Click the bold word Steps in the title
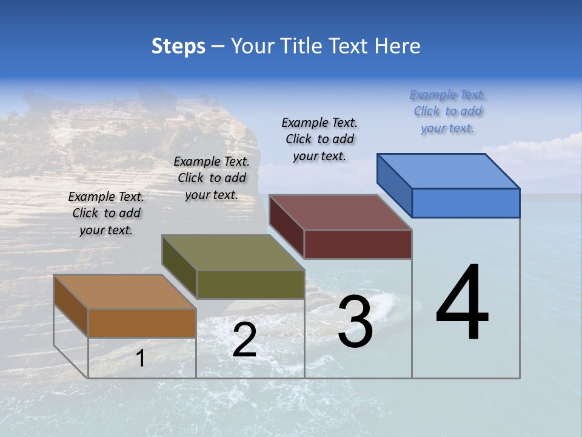(x=178, y=47)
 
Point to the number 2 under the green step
(x=244, y=340)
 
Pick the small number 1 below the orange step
(x=141, y=358)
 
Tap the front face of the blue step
(x=466, y=203)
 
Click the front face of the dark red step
(x=358, y=244)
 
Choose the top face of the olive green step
(x=233, y=252)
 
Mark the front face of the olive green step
(x=250, y=284)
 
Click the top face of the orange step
(x=125, y=292)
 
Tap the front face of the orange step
(x=142, y=323)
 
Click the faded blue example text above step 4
(x=447, y=112)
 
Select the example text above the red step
(x=319, y=140)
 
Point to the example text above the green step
(x=212, y=178)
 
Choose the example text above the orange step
(x=106, y=214)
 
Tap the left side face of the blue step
(x=394, y=185)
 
